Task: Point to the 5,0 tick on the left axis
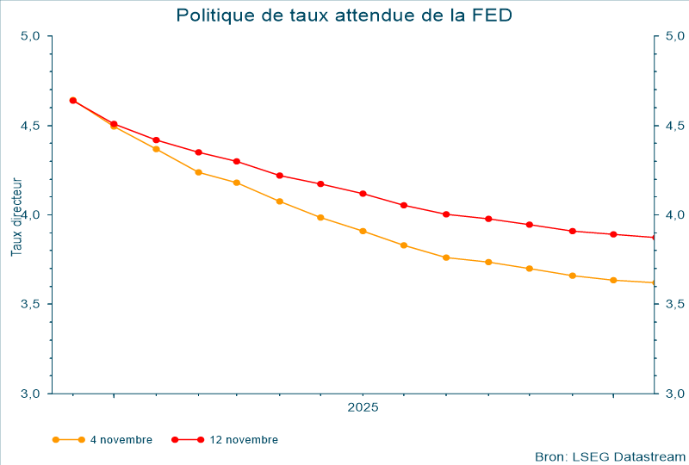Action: point(31,36)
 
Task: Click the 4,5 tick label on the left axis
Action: point(31,126)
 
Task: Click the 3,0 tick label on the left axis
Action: point(31,394)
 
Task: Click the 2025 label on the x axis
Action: point(363,407)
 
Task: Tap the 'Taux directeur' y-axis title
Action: point(16,216)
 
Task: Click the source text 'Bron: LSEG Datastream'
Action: point(610,456)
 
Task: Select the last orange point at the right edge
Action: point(654,282)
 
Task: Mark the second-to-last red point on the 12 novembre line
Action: point(613,234)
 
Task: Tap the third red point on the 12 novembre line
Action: point(156,139)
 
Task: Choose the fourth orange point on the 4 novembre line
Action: point(198,172)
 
